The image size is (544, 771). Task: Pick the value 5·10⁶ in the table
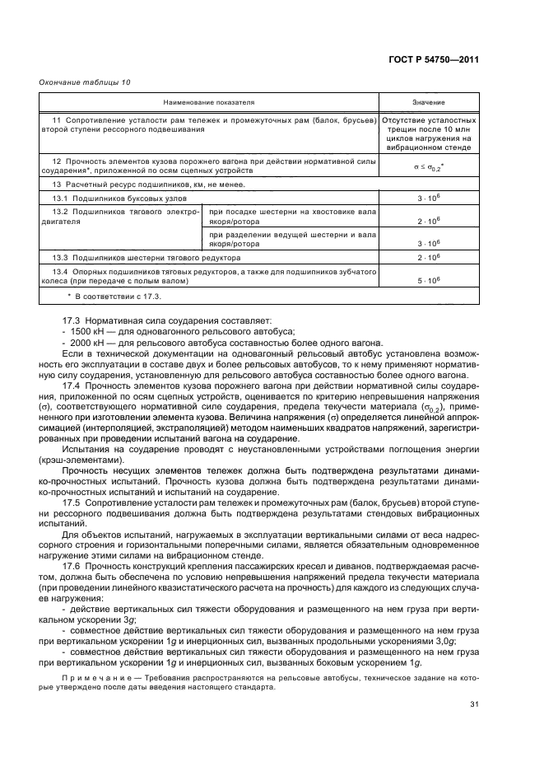[428, 281]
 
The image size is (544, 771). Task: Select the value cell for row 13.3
[428, 258]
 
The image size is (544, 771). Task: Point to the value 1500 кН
[85, 329]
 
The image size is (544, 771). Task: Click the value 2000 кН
[85, 341]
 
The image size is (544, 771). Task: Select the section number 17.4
[72, 385]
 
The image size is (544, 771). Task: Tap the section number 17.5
[72, 501]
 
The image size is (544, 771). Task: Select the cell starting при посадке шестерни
[289, 216]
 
